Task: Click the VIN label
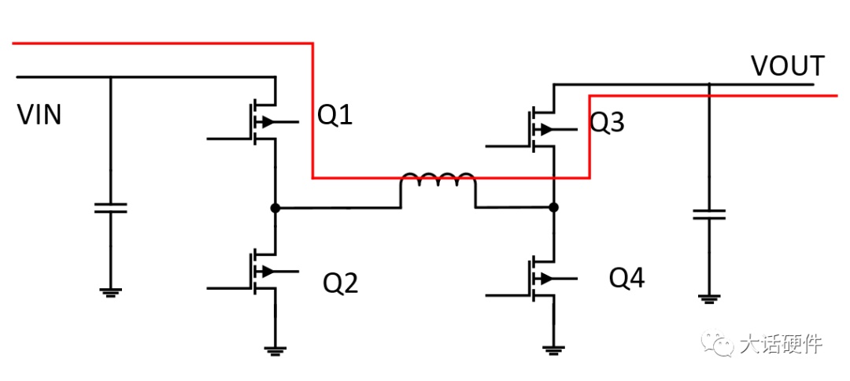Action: (39, 116)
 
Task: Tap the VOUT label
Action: (788, 66)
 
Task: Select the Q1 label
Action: (335, 116)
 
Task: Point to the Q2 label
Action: (341, 283)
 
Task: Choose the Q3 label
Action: (607, 124)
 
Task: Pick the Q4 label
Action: (627, 279)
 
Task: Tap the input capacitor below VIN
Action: (111, 208)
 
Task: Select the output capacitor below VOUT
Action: (709, 214)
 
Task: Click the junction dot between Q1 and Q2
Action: (275, 208)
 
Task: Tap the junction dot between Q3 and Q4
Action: (553, 207)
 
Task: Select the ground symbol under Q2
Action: (275, 350)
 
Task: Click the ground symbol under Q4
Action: (553, 350)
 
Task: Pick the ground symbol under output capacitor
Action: (709, 298)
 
